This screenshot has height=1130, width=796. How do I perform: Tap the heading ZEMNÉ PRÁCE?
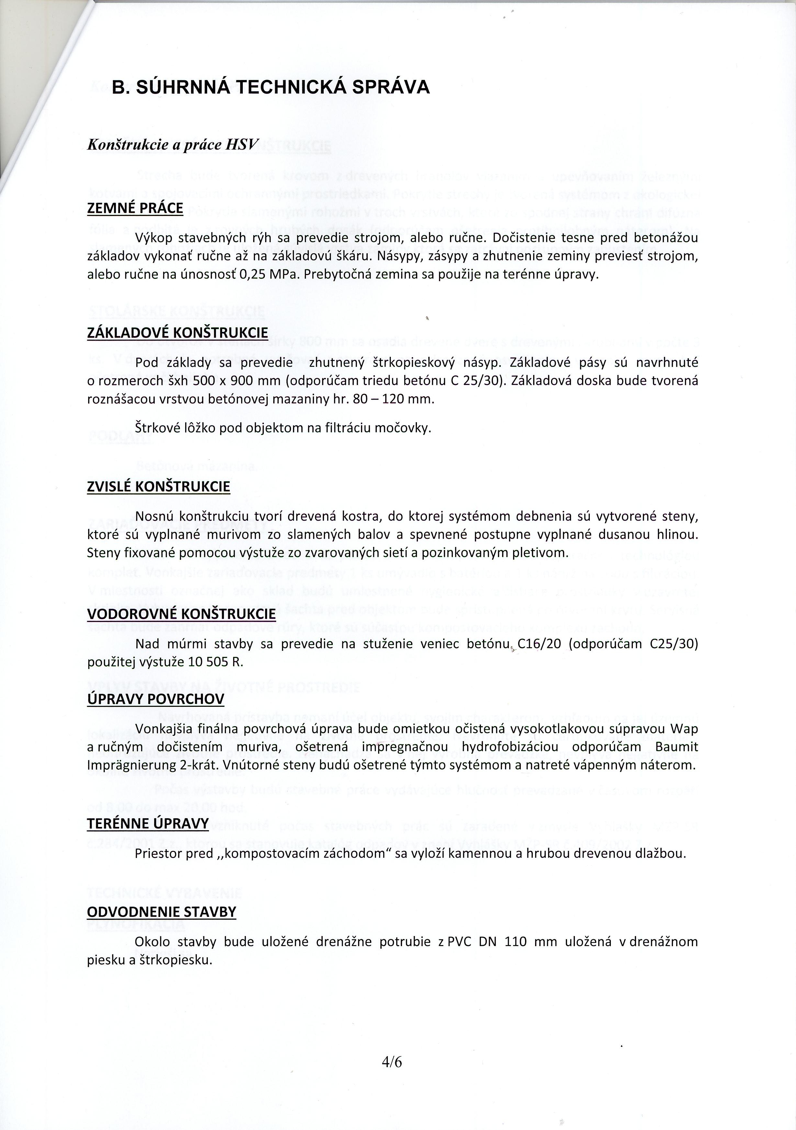click(135, 209)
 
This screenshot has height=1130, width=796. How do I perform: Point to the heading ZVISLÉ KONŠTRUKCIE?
click(158, 487)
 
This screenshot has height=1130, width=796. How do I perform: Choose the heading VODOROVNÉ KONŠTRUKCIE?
click(181, 614)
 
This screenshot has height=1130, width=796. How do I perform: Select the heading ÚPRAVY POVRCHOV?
click(155, 699)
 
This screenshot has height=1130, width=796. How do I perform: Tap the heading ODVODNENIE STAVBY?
click(161, 912)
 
